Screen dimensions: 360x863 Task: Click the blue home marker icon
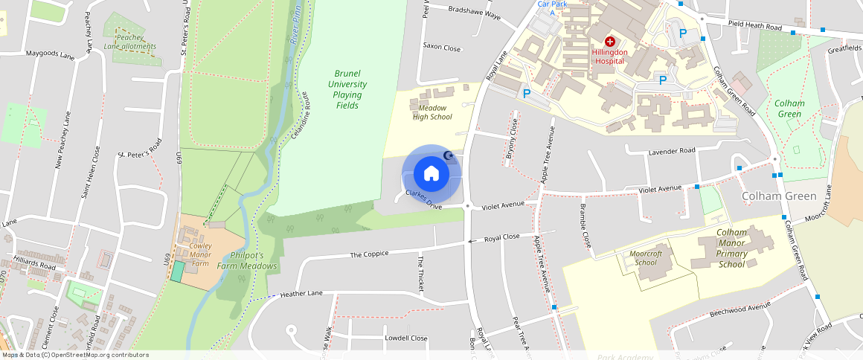(x=431, y=174)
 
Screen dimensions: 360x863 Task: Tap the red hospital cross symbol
(x=610, y=42)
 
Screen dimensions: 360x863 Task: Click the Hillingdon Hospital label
(x=610, y=57)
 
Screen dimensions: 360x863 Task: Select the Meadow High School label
(x=432, y=112)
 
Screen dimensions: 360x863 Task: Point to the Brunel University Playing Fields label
(x=347, y=89)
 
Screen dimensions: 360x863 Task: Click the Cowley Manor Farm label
(x=200, y=254)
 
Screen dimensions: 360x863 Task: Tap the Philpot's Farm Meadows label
(x=247, y=260)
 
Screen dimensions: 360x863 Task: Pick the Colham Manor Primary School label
(x=731, y=248)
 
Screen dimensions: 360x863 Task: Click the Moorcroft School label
(x=646, y=257)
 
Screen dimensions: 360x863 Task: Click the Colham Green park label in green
(x=789, y=109)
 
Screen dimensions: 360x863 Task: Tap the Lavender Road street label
(x=673, y=150)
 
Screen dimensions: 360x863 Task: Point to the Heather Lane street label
(x=301, y=294)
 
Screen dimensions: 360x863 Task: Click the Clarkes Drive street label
(x=424, y=199)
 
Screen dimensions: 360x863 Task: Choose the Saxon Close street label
(x=442, y=47)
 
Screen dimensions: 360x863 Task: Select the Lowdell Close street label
(x=405, y=338)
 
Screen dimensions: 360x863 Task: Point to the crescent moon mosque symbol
(x=448, y=155)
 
